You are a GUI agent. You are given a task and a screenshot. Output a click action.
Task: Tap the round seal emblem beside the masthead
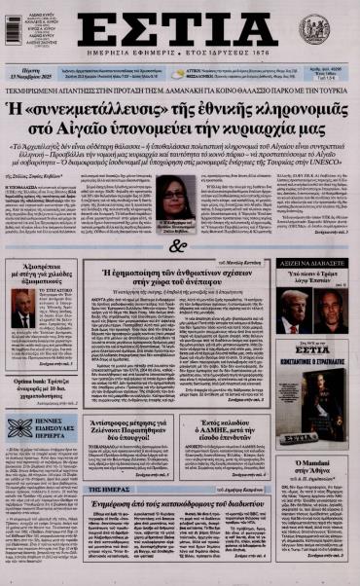(x=314, y=27)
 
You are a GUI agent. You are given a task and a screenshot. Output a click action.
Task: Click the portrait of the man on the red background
(x=22, y=316)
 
